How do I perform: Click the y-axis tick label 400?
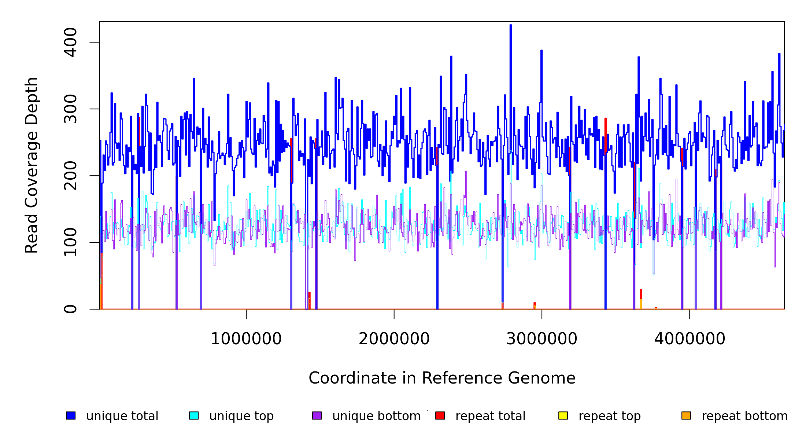70,42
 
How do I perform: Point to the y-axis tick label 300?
70,109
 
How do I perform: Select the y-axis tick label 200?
70,176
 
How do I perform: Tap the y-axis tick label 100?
70,242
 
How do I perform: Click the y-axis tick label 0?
70,309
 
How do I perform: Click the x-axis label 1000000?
246,339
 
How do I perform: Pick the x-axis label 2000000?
394,339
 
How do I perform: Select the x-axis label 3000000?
541,339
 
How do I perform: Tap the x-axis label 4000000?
689,339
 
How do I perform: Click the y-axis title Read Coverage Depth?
32,165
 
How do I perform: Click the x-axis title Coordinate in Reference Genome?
442,378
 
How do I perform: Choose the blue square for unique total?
71,415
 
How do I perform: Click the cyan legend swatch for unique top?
194,415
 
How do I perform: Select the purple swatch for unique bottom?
317,415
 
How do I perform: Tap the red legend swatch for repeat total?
440,415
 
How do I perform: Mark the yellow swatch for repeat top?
563,415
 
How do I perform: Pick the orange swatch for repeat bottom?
686,415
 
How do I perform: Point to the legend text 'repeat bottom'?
744,416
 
